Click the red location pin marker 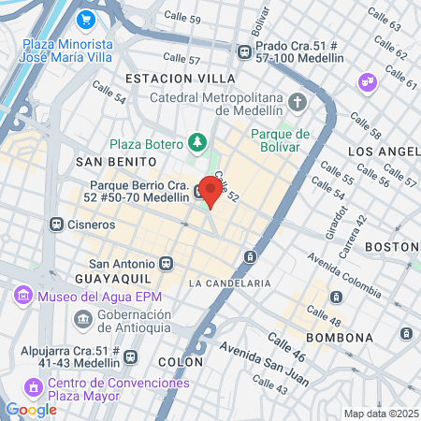[x=211, y=191]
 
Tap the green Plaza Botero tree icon [x=196, y=142]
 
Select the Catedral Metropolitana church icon [x=297, y=101]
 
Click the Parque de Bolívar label [x=280, y=139]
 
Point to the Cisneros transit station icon [x=57, y=225]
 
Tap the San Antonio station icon [x=167, y=264]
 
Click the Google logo [x=31, y=409]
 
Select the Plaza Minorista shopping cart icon [x=86, y=18]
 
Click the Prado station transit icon [x=244, y=51]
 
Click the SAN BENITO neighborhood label [x=109, y=161]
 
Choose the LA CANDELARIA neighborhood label [x=229, y=283]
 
